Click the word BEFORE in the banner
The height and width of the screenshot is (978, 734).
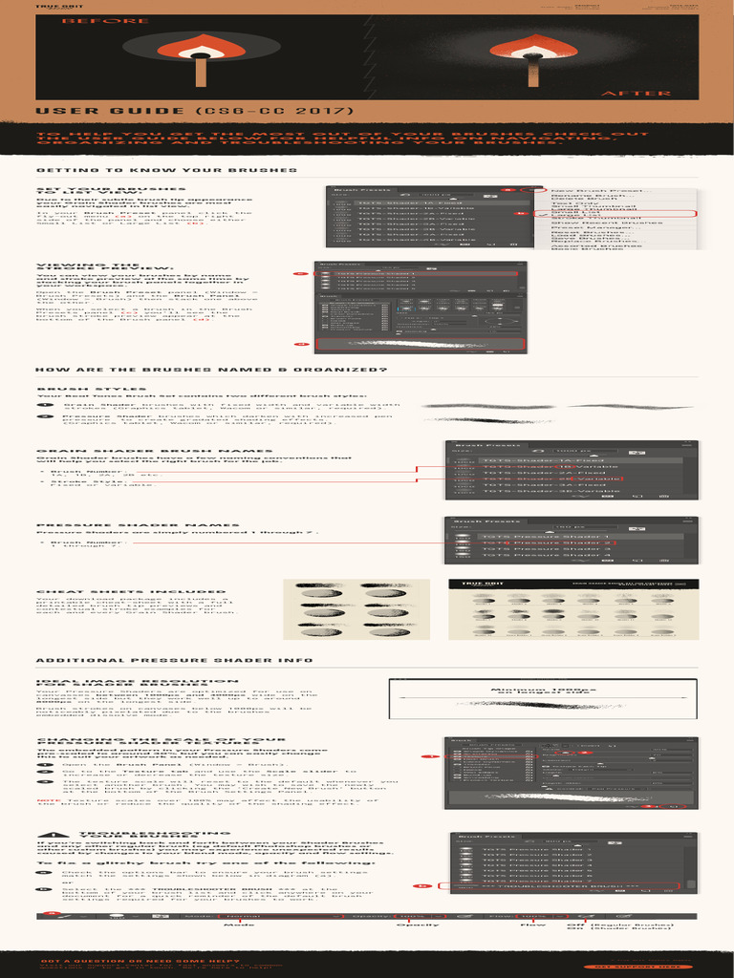coord(92,20)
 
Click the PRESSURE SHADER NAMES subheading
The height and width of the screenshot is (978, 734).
coord(124,525)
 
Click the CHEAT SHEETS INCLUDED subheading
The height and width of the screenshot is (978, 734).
coord(124,592)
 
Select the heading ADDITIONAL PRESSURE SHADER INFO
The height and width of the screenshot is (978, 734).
coord(174,660)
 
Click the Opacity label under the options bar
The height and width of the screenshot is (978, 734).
coord(418,925)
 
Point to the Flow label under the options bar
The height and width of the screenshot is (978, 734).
coord(532,925)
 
